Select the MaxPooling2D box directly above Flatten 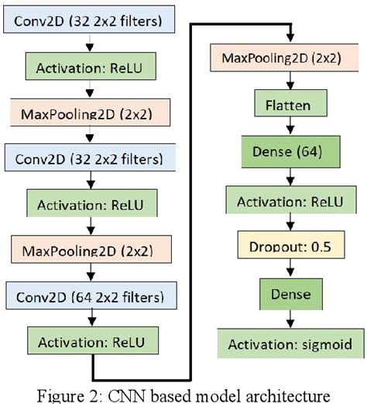tap(275, 58)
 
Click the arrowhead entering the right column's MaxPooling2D tap(291, 39)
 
